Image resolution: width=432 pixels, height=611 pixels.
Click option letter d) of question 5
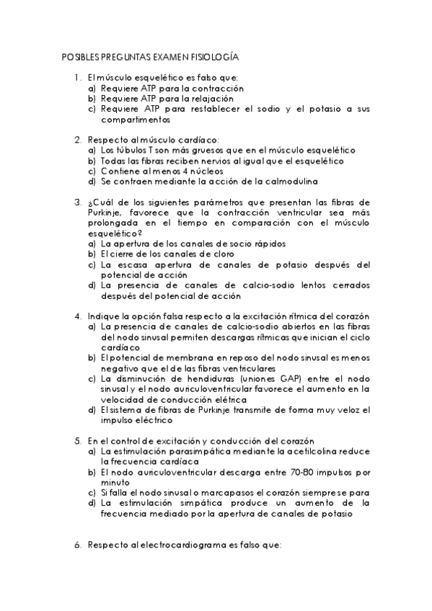point(92,503)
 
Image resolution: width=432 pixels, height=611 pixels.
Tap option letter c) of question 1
point(92,109)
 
